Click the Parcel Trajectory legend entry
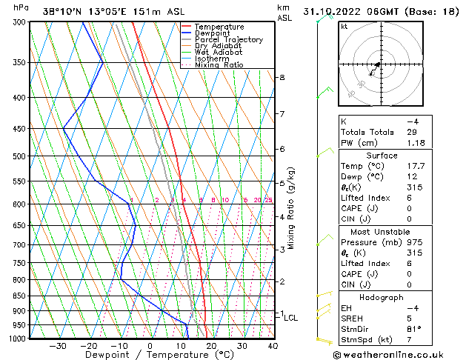[x=228, y=40]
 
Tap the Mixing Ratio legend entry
[x=219, y=65]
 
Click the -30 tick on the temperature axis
[x=58, y=347]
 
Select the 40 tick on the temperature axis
[x=273, y=347]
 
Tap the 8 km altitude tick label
[x=282, y=78]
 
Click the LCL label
[x=291, y=318]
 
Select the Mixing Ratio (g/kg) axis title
[x=291, y=208]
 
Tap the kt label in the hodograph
[x=344, y=26]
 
